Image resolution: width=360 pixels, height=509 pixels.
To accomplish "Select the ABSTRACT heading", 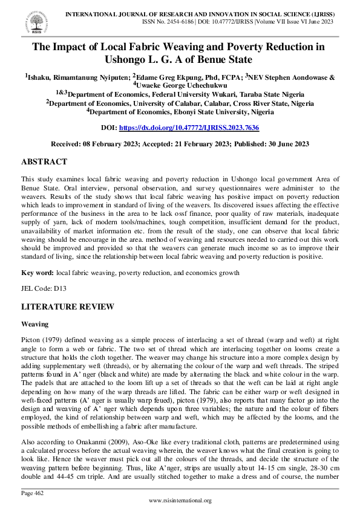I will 44,162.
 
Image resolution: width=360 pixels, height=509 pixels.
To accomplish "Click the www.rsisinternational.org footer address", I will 180,501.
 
